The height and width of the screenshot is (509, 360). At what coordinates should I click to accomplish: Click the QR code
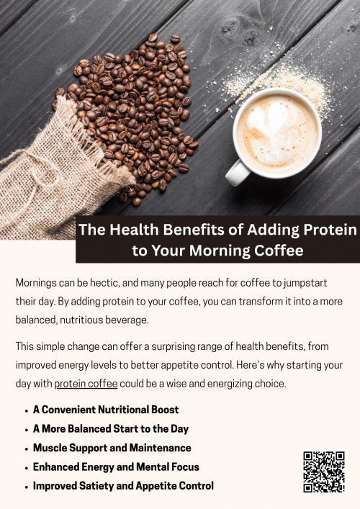pyautogui.click(x=324, y=472)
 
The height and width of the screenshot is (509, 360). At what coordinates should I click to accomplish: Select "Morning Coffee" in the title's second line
pyautogui.click(x=251, y=251)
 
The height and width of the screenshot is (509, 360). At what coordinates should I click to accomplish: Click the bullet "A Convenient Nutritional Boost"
pyautogui.click(x=106, y=410)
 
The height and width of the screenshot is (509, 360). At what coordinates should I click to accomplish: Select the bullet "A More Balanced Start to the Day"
pyautogui.click(x=111, y=428)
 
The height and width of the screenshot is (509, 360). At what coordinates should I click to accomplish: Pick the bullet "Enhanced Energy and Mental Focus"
pyautogui.click(x=116, y=467)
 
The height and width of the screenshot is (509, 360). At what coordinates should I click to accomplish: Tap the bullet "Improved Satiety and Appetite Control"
pyautogui.click(x=123, y=485)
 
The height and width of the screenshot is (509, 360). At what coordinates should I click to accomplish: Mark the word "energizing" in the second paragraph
pyautogui.click(x=237, y=384)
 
